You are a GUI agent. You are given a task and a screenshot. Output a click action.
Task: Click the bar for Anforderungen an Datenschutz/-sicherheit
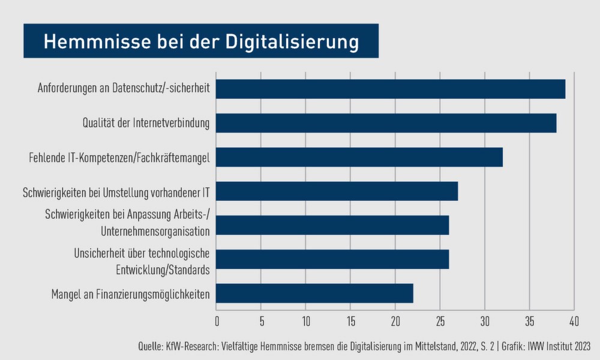click(391, 89)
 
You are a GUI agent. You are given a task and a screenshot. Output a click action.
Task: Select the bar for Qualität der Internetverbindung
click(386, 123)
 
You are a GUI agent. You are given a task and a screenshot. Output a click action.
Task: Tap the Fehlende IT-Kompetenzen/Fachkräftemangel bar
click(359, 157)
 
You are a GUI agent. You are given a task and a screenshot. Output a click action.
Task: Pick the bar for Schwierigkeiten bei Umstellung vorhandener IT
click(337, 191)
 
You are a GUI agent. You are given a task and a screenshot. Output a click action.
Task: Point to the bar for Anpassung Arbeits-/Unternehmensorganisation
click(332, 225)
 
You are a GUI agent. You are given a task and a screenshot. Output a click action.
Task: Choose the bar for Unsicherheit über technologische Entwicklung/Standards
click(332, 259)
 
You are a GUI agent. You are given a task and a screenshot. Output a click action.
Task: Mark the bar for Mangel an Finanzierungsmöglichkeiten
click(315, 293)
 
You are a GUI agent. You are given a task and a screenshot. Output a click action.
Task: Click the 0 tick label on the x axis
click(217, 320)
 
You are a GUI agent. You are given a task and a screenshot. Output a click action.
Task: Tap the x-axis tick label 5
click(262, 320)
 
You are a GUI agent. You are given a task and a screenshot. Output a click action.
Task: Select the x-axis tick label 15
click(350, 320)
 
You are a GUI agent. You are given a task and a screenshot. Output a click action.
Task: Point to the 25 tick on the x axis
click(440, 320)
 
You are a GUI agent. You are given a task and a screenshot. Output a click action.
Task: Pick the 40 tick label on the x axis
click(574, 320)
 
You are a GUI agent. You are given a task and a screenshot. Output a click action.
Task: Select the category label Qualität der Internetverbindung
click(146, 124)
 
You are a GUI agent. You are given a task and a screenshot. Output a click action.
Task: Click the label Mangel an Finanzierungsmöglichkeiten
click(130, 294)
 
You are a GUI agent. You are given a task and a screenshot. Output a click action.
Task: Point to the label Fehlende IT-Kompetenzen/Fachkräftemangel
click(119, 158)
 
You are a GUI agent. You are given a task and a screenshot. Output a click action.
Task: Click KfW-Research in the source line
click(192, 346)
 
